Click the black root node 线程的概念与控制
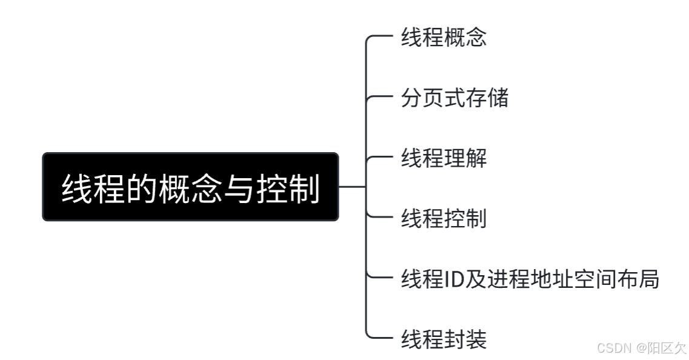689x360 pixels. tap(190, 187)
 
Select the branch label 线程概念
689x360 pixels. tap(444, 38)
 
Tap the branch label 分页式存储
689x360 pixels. tap(454, 98)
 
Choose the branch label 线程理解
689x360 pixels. tap(444, 158)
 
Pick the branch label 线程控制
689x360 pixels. tap(444, 218)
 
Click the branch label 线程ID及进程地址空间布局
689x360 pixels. tap(530, 279)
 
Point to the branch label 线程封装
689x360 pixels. tap(444, 339)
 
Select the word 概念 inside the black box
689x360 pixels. tap(190, 188)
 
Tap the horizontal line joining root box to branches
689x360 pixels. tap(352, 187)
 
